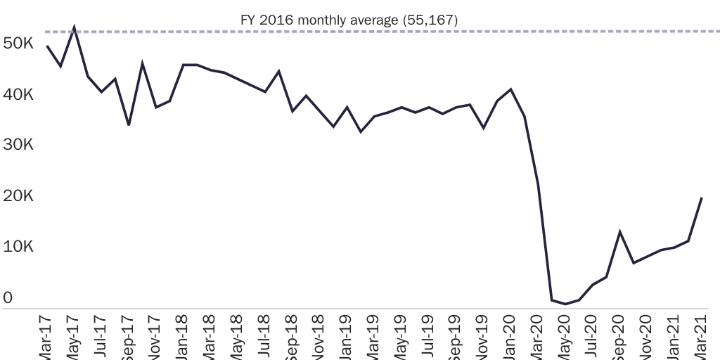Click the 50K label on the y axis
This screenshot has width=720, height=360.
click(x=18, y=44)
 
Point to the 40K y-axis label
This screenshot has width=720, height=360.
click(x=18, y=95)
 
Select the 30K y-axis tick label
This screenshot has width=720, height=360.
click(x=18, y=145)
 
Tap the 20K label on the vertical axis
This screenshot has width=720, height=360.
click(x=18, y=196)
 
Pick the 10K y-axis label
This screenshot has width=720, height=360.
click(x=18, y=247)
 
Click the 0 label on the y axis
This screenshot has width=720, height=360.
click(x=8, y=298)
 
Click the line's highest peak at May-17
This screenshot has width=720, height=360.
click(x=74, y=29)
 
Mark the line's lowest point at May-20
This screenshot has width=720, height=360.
click(x=565, y=304)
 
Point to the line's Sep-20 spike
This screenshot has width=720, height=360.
click(x=619, y=232)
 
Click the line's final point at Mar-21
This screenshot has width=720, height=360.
click(x=702, y=198)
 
